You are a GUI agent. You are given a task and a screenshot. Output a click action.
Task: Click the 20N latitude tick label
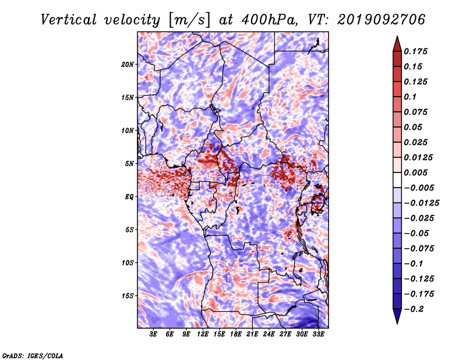tap(128, 65)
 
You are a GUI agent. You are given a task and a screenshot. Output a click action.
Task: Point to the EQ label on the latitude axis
tap(129, 197)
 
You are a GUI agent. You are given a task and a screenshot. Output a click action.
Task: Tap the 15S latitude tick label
tap(128, 296)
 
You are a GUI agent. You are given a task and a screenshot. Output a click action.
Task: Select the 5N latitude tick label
tap(129, 164)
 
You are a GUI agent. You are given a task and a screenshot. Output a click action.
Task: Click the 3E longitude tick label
tap(153, 334)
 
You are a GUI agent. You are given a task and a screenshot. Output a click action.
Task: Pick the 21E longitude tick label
tap(252, 334)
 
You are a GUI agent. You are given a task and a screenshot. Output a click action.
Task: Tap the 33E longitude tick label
tap(318, 334)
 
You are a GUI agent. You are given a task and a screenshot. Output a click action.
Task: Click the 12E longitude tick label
tap(202, 334)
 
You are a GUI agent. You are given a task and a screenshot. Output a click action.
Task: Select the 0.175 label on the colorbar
tap(415, 51)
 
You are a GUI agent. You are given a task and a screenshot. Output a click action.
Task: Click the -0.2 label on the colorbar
tap(414, 309)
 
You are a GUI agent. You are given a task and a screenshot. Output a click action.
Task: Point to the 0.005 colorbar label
tap(415, 172)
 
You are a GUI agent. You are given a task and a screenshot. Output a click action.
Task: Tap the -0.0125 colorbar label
tap(421, 203)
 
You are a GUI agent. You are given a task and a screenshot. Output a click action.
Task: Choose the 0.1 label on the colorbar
tap(410, 97)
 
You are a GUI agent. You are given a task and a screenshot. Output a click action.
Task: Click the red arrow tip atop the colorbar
tap(397, 37)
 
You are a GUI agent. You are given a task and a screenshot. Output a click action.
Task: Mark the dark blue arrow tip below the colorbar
tap(397, 323)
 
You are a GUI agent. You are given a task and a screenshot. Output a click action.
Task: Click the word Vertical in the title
tap(69, 20)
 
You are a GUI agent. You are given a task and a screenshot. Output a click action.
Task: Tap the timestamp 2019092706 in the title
tap(382, 20)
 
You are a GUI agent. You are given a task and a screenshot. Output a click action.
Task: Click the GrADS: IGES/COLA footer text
tap(33, 355)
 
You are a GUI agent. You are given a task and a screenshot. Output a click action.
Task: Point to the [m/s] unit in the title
tap(189, 20)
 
